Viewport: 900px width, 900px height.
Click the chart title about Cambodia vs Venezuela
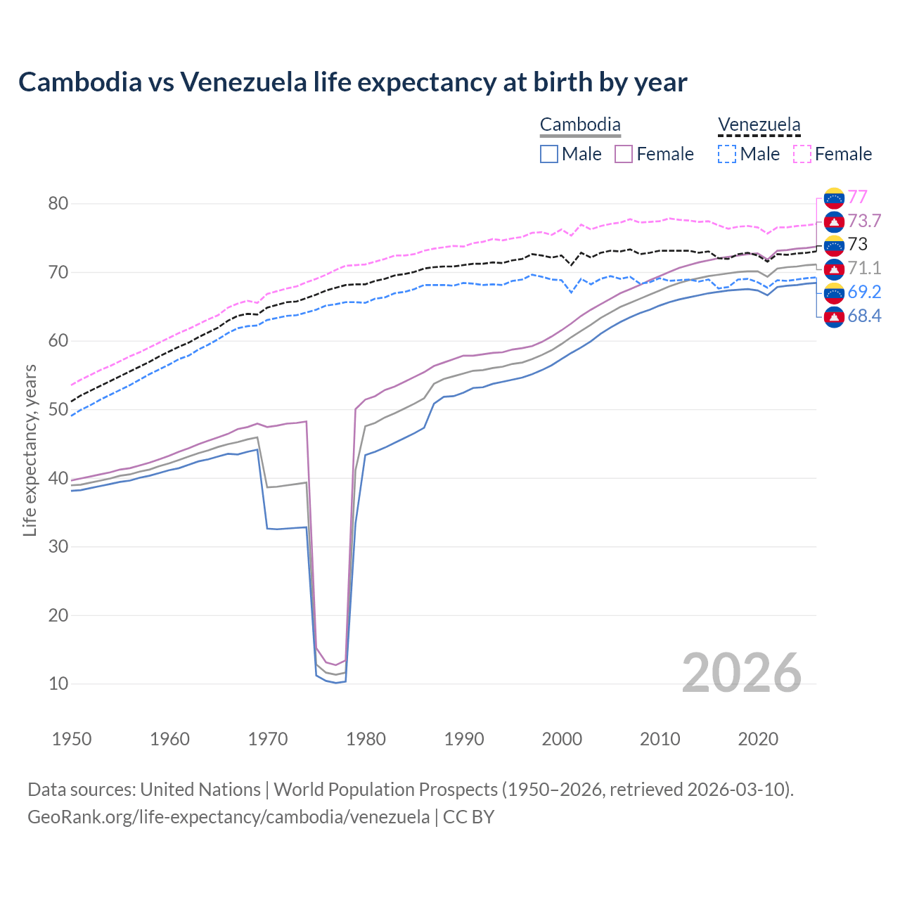pos(352,82)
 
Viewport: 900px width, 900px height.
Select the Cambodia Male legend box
pos(549,154)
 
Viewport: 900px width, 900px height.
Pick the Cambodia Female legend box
pos(624,154)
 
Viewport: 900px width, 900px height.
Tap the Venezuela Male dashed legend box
pos(726,154)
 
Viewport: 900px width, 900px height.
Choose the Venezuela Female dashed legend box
pos(802,154)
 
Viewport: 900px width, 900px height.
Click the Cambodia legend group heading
pos(580,125)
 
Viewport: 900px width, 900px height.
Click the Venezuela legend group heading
pos(759,125)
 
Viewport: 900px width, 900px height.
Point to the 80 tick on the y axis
pos(58,204)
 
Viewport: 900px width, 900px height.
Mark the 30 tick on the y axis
pos(58,546)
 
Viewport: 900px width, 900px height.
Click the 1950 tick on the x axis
pos(72,739)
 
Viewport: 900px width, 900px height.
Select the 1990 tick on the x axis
pos(464,739)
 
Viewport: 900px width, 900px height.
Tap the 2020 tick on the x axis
pos(758,739)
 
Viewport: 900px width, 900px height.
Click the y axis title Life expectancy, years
pos(30,450)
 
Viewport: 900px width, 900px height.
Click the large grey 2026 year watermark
pos(741,673)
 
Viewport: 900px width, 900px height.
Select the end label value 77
pos(857,197)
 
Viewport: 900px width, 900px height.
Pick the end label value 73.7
pos(864,221)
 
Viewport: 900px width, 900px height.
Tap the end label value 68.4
pos(864,316)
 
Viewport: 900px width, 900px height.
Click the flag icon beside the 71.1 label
pos(834,268)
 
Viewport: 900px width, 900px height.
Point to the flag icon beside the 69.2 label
pos(834,292)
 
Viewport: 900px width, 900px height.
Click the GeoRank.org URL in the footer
pos(229,817)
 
